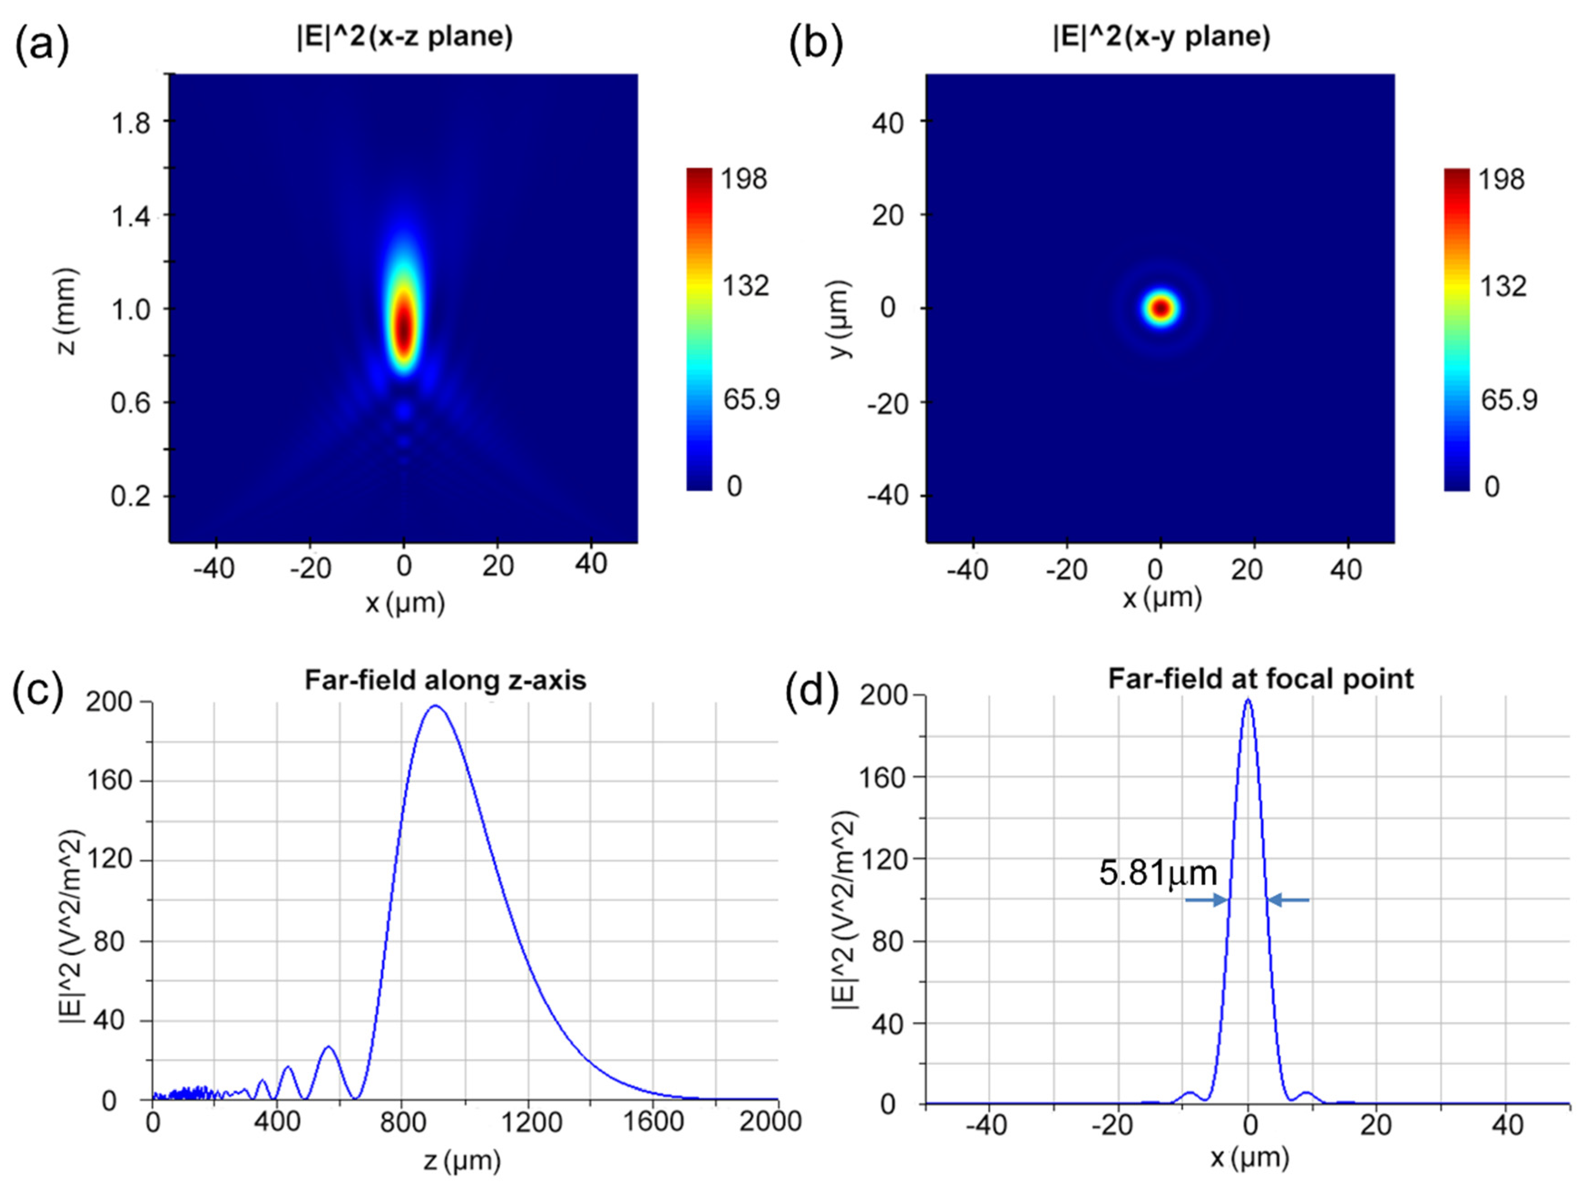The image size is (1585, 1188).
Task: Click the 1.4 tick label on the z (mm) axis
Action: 131,215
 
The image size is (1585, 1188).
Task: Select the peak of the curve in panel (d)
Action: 1248,700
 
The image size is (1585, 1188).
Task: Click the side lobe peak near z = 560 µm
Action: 329,1047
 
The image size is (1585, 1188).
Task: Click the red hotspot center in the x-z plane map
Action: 404,326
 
